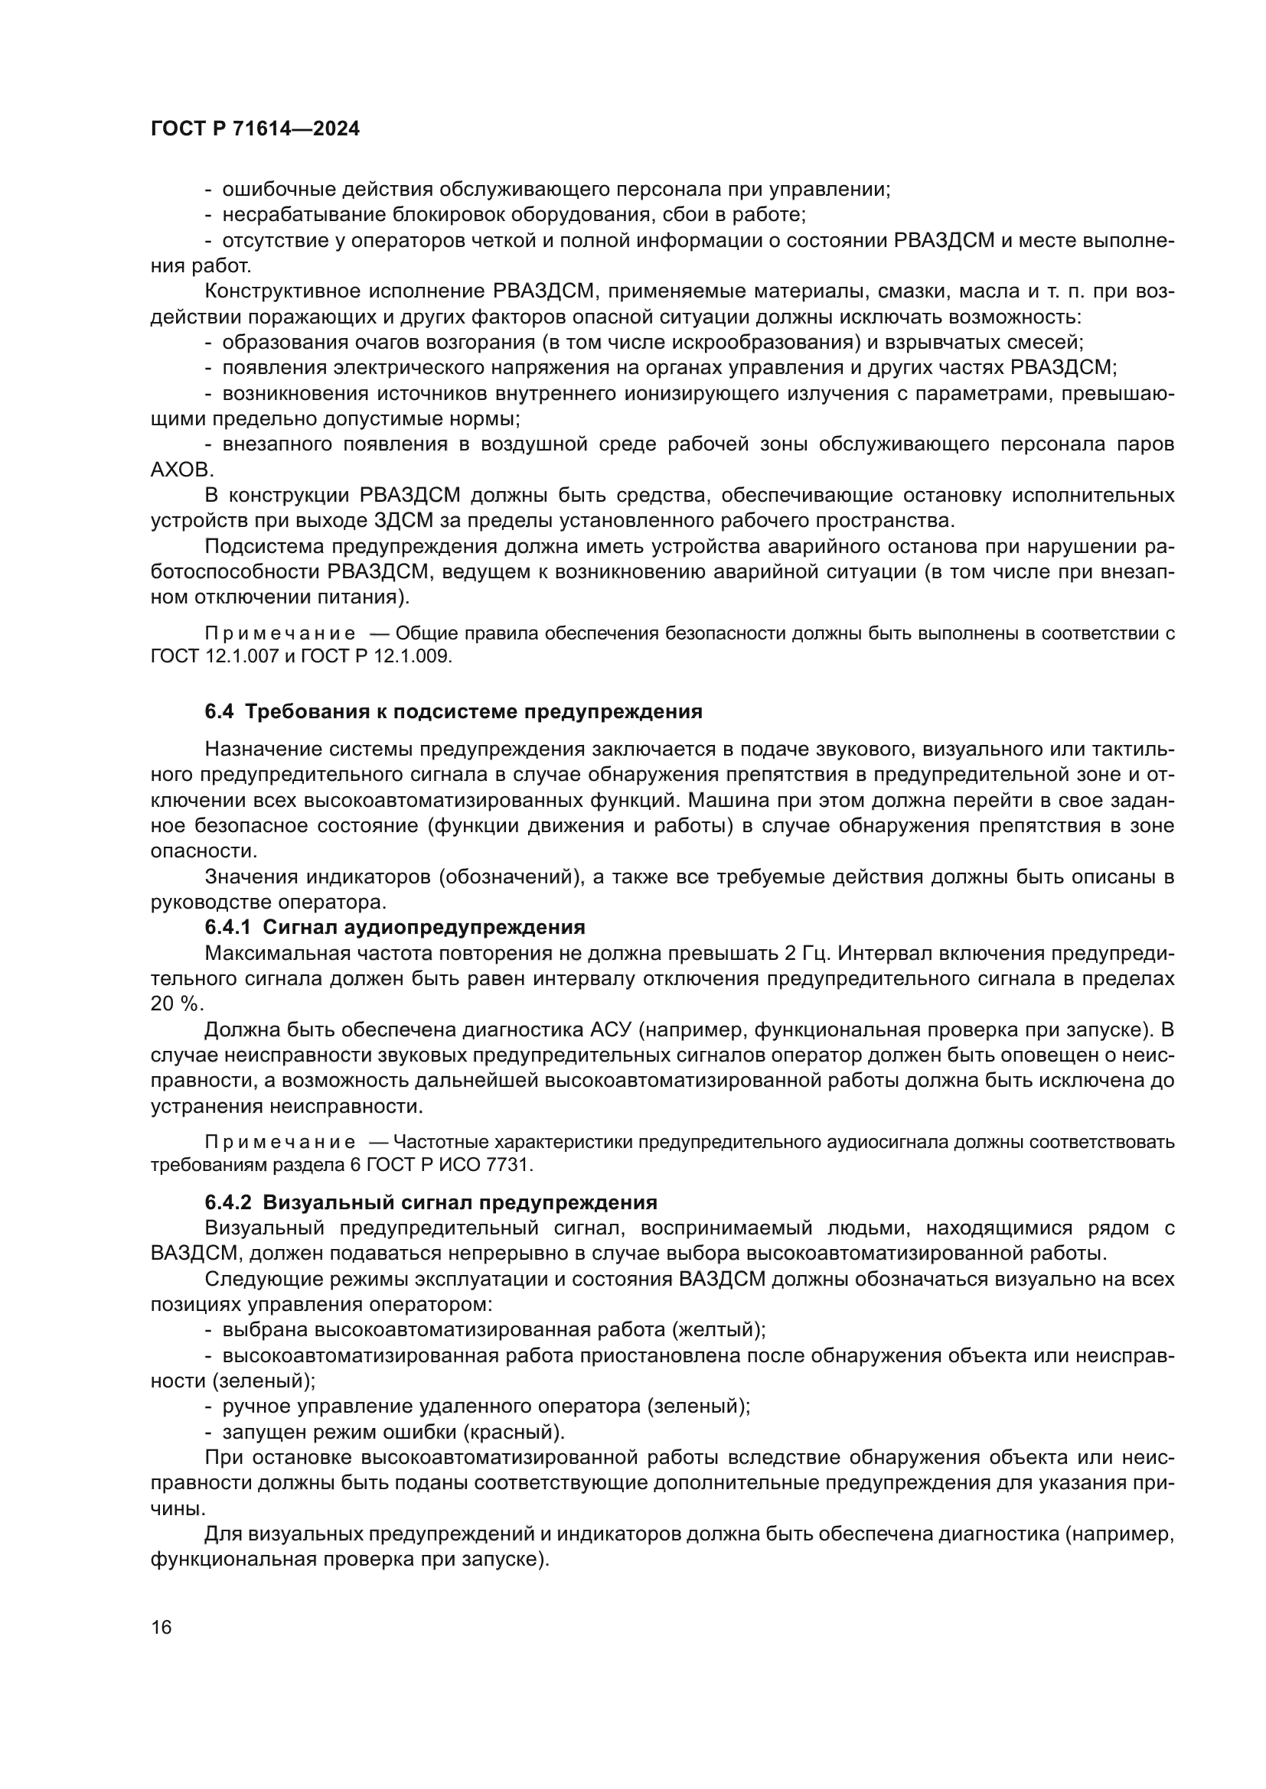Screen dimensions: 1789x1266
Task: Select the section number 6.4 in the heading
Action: click(220, 711)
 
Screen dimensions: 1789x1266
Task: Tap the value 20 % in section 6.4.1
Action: click(173, 1004)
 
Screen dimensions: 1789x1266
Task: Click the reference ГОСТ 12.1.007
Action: click(214, 656)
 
